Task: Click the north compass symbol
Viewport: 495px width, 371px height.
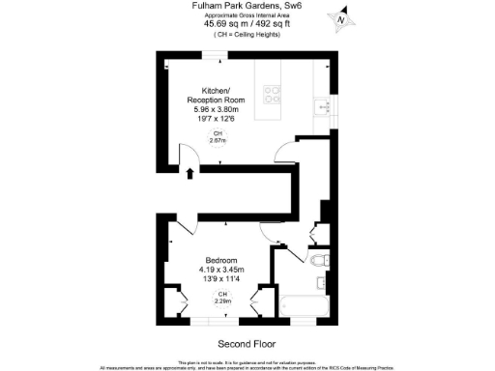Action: click(x=339, y=16)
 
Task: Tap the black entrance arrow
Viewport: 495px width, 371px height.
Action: click(x=190, y=173)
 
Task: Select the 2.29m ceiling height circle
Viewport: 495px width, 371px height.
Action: click(x=222, y=297)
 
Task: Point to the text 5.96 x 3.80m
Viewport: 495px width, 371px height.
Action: click(x=218, y=108)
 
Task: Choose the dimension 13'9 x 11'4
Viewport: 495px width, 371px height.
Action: click(x=219, y=279)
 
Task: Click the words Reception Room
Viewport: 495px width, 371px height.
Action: click(x=217, y=100)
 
